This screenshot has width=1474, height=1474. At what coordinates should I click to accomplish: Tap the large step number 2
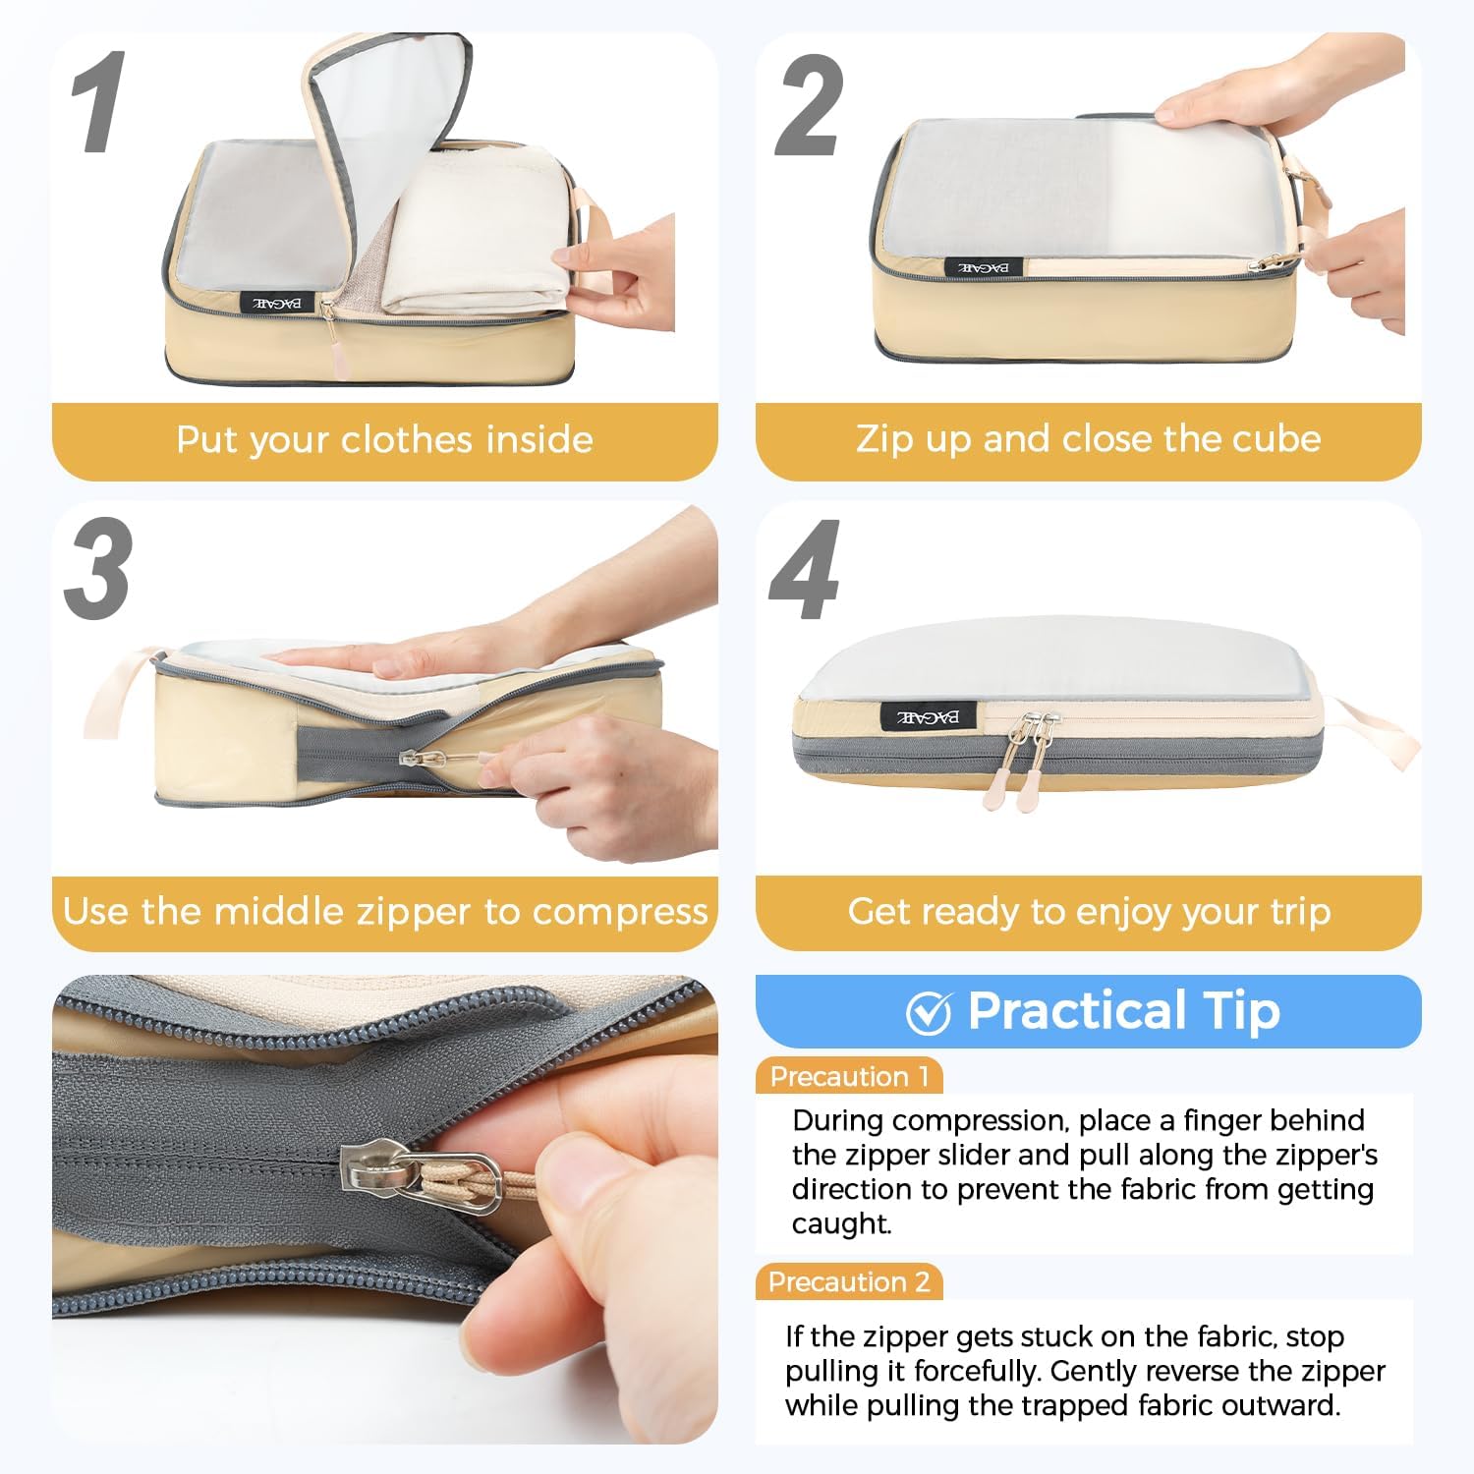808,106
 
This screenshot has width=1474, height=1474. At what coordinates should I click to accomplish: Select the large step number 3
98,570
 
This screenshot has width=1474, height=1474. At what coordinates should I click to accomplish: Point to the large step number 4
805,572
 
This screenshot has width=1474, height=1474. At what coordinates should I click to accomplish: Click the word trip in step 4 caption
1300,912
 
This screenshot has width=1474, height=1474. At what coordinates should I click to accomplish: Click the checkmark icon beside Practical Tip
928,1013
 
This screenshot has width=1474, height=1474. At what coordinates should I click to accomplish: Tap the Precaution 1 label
849,1077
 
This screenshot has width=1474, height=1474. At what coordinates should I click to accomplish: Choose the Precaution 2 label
849,1282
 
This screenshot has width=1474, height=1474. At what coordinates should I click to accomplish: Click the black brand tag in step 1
277,303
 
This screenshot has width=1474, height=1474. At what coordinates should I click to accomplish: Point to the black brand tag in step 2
984,267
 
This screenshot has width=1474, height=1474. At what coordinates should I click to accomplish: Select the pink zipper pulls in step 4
1017,781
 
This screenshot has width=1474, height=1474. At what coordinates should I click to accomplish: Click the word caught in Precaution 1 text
841,1224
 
